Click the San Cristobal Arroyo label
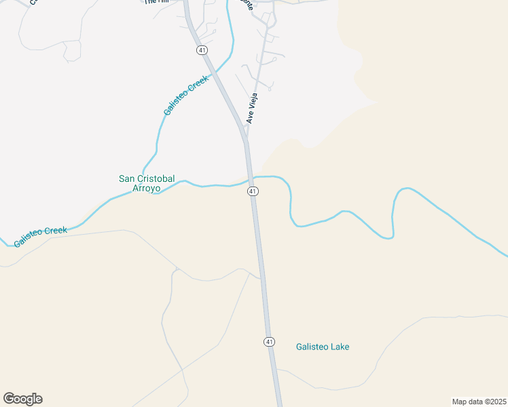coord(147,183)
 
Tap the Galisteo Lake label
coord(323,347)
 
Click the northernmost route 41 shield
coord(202,51)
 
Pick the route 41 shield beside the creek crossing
coord(253,191)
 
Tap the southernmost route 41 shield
coord(270,341)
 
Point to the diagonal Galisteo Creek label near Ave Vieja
coord(185,95)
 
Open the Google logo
coord(22,399)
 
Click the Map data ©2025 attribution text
coord(479,402)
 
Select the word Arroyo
coord(147,188)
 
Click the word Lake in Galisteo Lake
coord(339,347)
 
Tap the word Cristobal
coord(157,178)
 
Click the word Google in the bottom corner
coord(22,399)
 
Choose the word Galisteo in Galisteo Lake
coord(312,347)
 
